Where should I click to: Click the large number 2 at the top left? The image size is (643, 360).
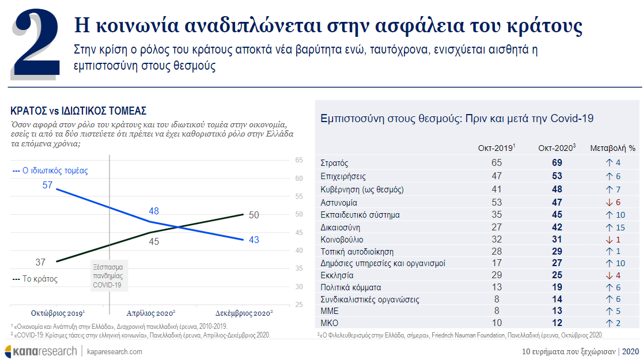(x=36, y=44)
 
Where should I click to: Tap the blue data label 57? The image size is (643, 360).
(x=48, y=185)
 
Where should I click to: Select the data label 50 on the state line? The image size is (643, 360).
(x=254, y=215)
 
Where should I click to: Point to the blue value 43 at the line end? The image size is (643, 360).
(x=254, y=240)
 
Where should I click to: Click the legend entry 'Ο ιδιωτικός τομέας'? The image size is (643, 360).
(x=50, y=170)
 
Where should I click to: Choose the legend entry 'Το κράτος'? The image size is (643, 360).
(x=35, y=279)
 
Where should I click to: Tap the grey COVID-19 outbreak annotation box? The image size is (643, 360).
(x=109, y=275)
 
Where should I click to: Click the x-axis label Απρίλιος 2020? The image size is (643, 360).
(x=150, y=313)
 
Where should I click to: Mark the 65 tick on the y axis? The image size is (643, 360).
(x=299, y=160)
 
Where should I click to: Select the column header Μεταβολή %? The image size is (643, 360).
(x=612, y=148)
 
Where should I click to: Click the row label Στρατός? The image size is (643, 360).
(x=334, y=163)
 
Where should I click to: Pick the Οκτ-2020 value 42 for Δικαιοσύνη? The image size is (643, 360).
(x=557, y=227)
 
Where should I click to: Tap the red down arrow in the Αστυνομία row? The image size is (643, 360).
(x=610, y=203)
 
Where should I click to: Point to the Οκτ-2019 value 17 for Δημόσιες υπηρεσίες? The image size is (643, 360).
(x=497, y=263)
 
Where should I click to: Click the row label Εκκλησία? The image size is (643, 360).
(x=336, y=275)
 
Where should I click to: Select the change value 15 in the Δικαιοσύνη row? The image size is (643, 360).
(x=621, y=227)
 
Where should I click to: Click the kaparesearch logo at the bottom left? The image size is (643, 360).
(x=40, y=351)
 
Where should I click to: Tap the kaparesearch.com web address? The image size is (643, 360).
(x=115, y=352)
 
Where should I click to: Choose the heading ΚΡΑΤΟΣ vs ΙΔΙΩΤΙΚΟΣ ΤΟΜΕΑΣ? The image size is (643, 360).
(x=78, y=111)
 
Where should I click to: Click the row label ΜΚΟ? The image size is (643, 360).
(x=330, y=323)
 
